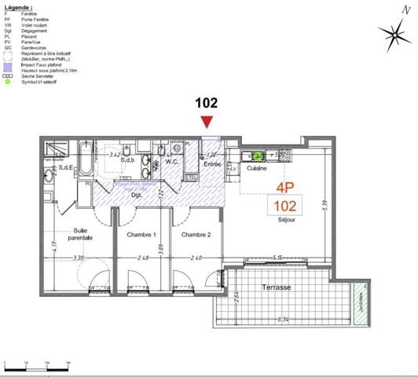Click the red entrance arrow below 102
(x=207, y=121)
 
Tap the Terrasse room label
(x=276, y=288)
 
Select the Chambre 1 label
(x=143, y=235)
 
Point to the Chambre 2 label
(x=196, y=235)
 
